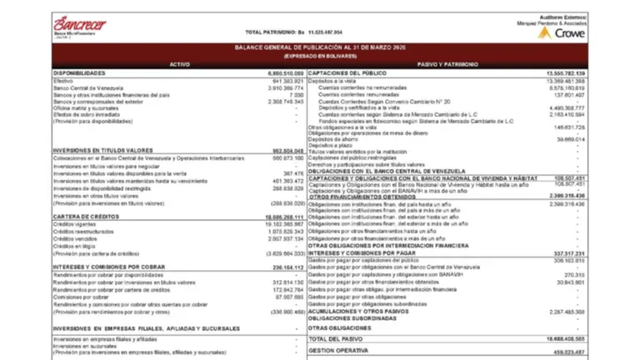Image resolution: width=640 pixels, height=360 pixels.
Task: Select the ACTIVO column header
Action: click(180, 64)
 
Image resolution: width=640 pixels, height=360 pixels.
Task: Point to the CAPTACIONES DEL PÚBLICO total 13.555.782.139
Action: click(562, 73)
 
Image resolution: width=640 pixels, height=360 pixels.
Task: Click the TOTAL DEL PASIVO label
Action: click(338, 340)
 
